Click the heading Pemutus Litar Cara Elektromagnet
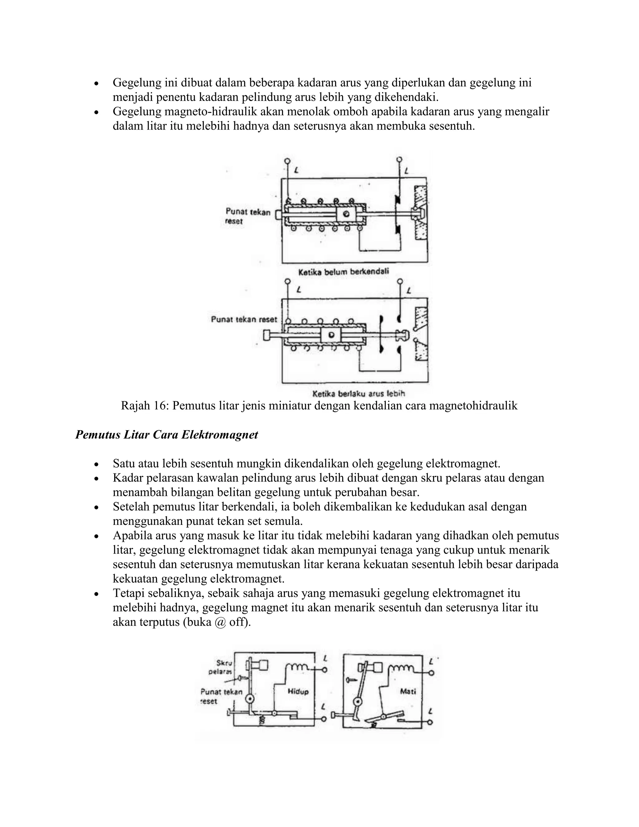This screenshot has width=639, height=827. (x=167, y=435)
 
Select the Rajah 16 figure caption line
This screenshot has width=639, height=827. (x=319, y=406)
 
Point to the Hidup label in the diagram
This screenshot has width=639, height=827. (x=298, y=692)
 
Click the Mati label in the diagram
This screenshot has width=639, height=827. (x=408, y=692)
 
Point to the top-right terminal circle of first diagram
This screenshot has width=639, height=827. (x=399, y=160)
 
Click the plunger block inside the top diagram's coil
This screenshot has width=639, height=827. (x=346, y=215)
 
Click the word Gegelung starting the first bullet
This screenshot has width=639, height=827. (x=136, y=83)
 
